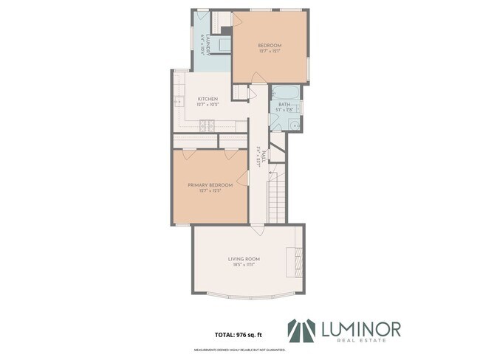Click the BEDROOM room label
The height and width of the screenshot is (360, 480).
(270, 46)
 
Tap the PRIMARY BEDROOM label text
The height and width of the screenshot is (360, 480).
(210, 185)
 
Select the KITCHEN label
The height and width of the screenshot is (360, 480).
(207, 99)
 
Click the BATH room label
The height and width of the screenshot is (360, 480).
(284, 105)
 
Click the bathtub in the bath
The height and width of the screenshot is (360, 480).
(284, 94)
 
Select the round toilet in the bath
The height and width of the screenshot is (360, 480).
(294, 125)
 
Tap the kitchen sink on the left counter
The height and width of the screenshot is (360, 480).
(178, 103)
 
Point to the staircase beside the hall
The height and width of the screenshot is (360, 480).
(275, 195)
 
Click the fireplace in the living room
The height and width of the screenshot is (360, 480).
(296, 260)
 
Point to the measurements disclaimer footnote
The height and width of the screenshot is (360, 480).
(240, 350)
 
